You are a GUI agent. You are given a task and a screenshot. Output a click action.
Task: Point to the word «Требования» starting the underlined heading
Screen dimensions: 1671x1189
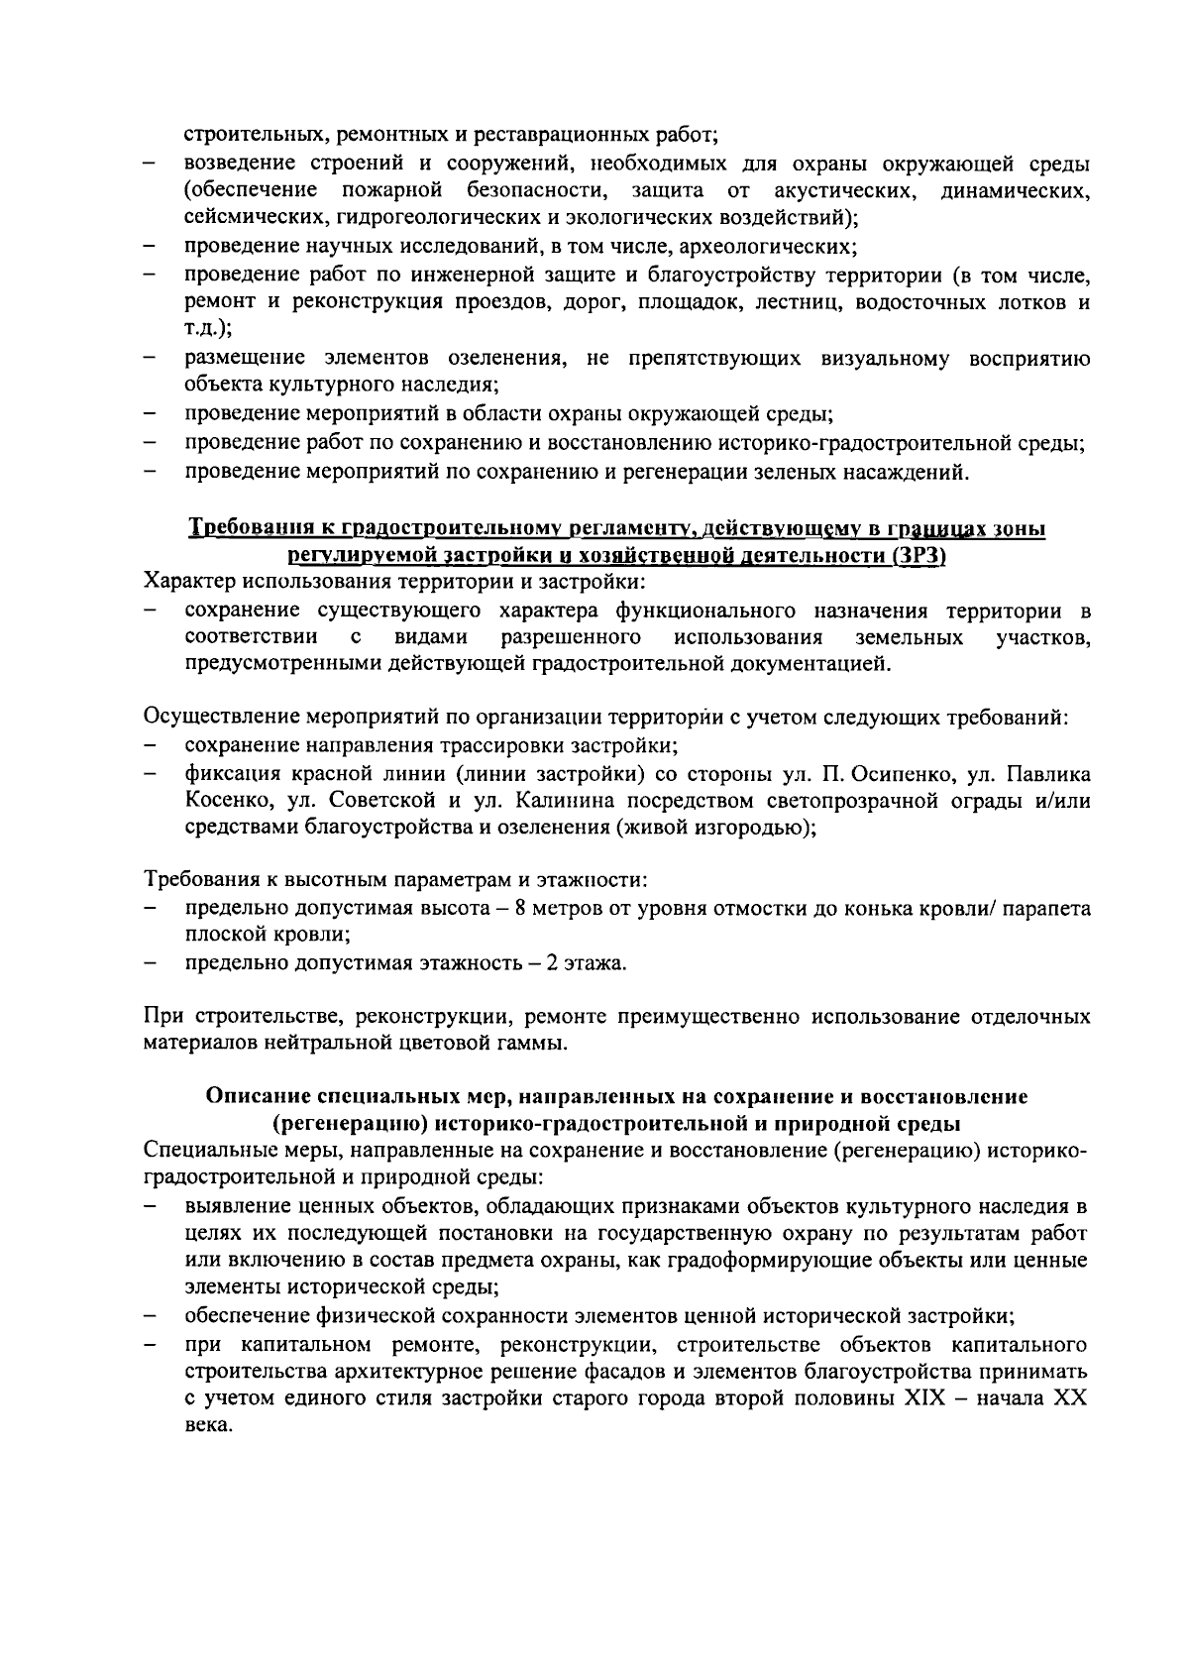pos(246,529)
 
